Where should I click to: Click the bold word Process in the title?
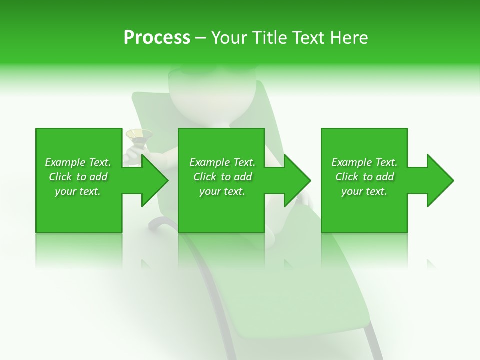coord(157,38)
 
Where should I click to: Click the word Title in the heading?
coord(269,38)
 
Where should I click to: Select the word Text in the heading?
coord(308,38)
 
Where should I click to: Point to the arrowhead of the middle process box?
coord(297,180)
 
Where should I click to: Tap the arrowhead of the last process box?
coord(440,180)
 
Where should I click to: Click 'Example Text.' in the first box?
coord(78,162)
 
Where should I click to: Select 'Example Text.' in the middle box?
coord(222,162)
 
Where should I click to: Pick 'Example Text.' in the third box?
coord(364,162)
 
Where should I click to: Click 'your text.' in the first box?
coord(78,191)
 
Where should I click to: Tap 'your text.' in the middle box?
coord(222,191)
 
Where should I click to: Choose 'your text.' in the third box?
coord(364,191)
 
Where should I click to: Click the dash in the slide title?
coord(200,38)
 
